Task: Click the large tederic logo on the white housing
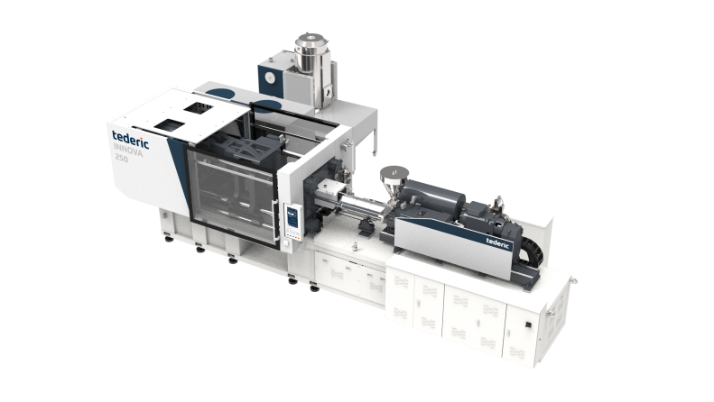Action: [130, 140]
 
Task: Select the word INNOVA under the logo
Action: [128, 150]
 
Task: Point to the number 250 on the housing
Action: [122, 159]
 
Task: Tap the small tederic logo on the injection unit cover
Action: [497, 242]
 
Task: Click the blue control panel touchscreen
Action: [292, 217]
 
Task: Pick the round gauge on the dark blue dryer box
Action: [270, 78]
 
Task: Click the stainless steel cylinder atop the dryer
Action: [311, 54]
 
